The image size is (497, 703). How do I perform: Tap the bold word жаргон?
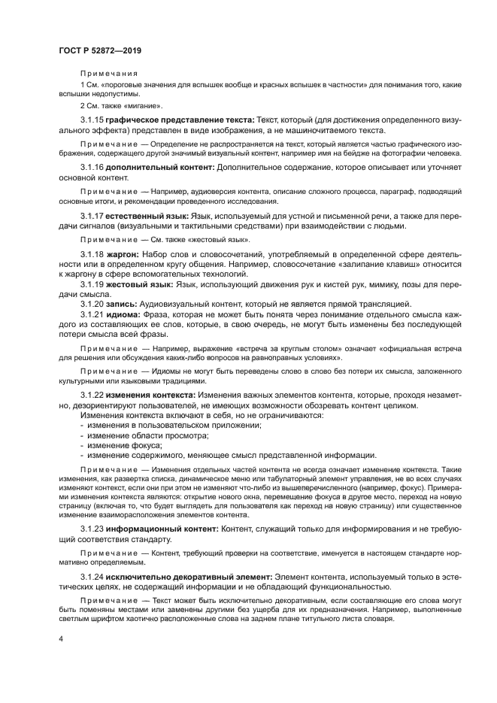(x=122, y=256)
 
